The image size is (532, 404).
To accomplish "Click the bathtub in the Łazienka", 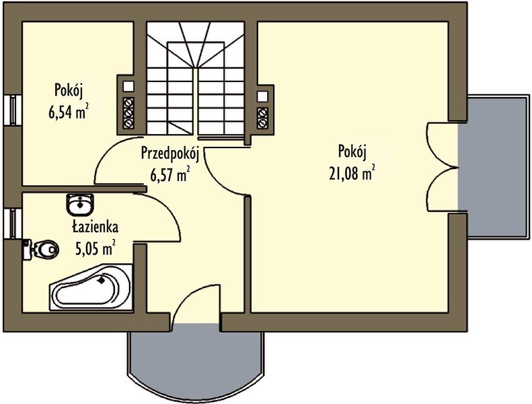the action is click(91, 288).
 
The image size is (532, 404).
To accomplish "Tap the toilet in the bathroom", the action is click(41, 250).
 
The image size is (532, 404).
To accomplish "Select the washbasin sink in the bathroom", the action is click(80, 205).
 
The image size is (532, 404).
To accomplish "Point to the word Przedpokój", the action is click(169, 154).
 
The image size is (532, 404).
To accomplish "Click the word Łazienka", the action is click(96, 227).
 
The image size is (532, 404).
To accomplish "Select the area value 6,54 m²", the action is click(69, 112).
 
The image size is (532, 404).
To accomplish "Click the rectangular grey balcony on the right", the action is click(493, 168).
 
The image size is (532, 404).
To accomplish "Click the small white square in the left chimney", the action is click(128, 86).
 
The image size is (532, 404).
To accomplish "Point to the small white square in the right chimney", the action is click(262, 96).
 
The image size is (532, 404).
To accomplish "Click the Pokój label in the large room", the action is click(352, 151).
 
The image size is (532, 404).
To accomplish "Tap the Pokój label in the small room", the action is click(69, 91).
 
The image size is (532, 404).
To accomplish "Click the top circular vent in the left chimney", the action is click(128, 102).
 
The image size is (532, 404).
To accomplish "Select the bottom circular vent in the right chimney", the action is click(262, 123).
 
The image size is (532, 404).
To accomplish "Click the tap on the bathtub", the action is click(101, 280).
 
